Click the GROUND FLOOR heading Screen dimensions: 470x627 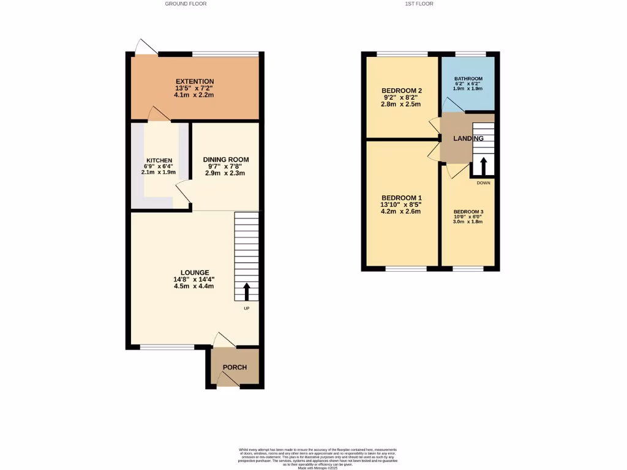pos(186,4)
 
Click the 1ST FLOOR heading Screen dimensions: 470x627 pos(419,4)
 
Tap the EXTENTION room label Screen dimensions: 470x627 pos(195,81)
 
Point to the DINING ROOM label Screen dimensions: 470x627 pos(226,160)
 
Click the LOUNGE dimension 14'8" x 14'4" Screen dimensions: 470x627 pos(195,280)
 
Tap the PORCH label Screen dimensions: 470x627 pos(235,367)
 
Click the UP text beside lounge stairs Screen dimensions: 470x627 pos(247,308)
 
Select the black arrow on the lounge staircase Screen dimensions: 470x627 pos(247,291)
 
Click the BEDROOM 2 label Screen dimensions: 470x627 pos(402,91)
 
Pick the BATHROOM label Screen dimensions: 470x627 pos(468,79)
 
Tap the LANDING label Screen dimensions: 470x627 pos(468,138)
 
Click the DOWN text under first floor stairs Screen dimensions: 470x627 pos(484,182)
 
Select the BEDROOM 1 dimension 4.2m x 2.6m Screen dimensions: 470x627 pos(402,212)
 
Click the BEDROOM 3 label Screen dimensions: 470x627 pos(468,211)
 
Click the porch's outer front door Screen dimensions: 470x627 pos(227,380)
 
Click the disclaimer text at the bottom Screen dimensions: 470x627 pos(318,458)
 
